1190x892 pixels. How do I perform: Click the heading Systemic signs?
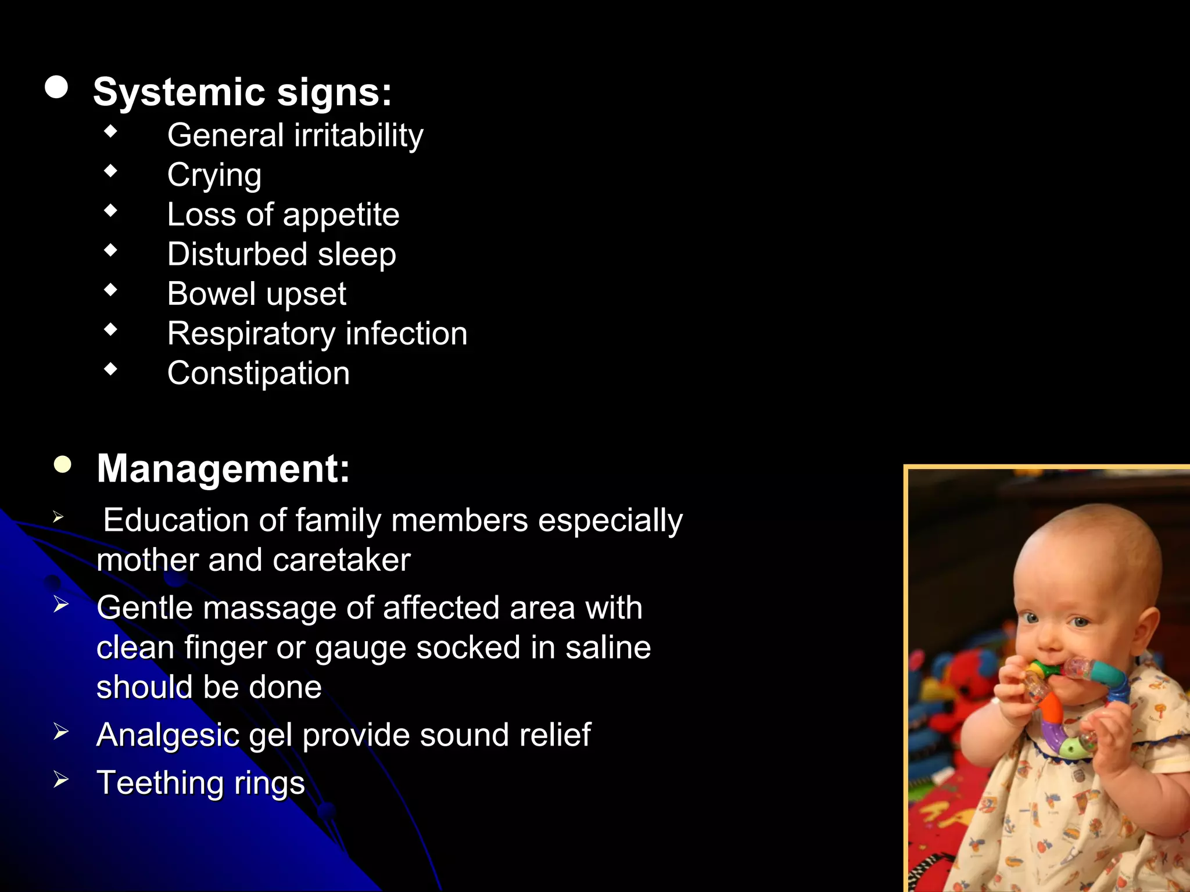(x=242, y=93)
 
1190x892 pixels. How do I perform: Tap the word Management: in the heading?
(x=223, y=469)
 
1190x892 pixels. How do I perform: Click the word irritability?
(x=359, y=136)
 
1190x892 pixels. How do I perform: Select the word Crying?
(x=214, y=175)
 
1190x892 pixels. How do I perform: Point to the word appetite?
(x=341, y=215)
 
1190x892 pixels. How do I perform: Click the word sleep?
(x=357, y=255)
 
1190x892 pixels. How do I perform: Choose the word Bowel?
(x=212, y=294)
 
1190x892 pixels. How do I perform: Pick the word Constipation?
(x=259, y=373)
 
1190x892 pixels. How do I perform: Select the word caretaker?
(x=342, y=560)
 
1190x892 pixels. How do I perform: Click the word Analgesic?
(x=168, y=736)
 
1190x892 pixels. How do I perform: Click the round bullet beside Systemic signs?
(x=56, y=88)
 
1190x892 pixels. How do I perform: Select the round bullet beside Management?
(x=62, y=465)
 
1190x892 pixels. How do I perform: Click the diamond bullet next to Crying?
(x=110, y=171)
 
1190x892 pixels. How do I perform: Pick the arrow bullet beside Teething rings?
(x=60, y=779)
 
